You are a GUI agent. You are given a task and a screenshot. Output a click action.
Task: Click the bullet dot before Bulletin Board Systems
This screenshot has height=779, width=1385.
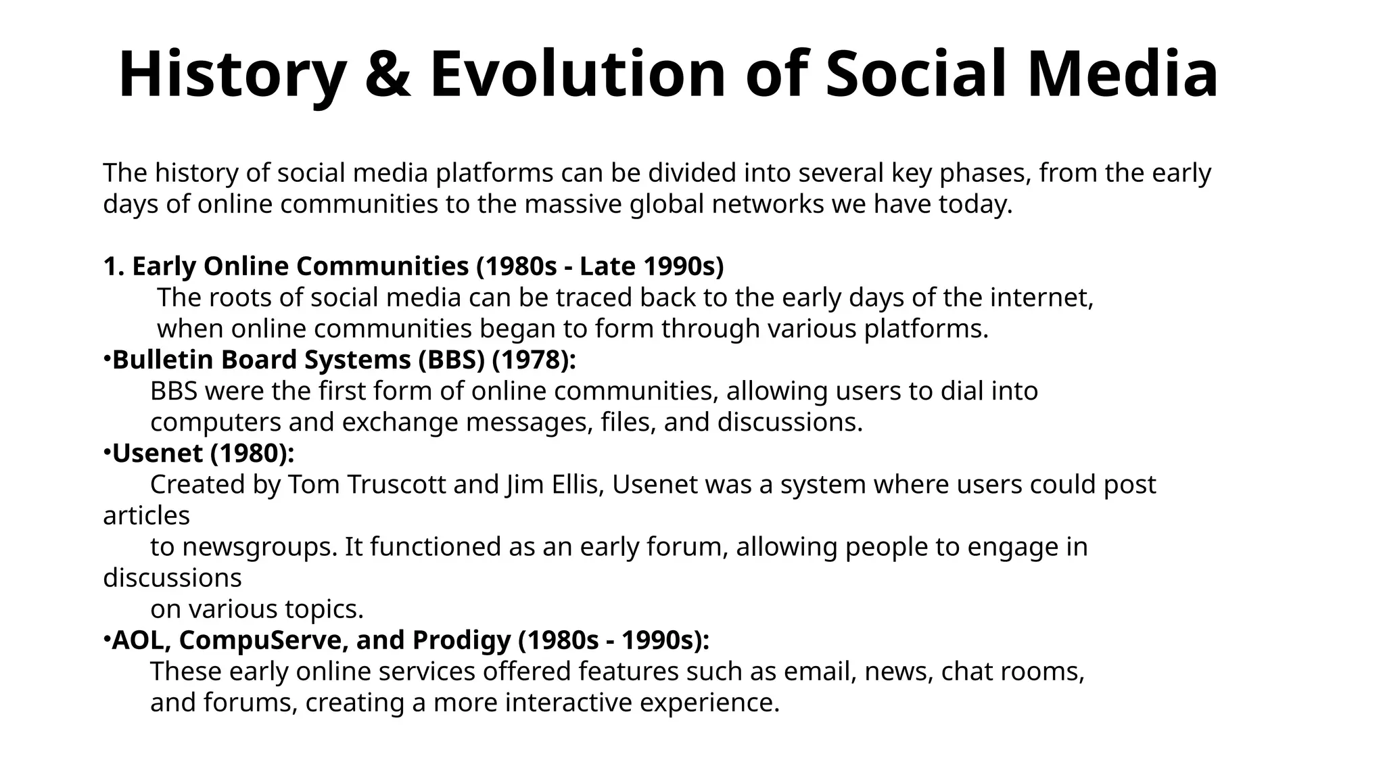(107, 356)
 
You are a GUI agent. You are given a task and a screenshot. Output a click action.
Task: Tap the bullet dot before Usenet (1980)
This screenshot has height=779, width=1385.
(107, 450)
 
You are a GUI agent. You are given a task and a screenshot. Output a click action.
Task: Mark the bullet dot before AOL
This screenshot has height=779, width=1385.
(107, 636)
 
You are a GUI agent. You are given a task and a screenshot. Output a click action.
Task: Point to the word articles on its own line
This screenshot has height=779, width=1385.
(146, 515)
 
